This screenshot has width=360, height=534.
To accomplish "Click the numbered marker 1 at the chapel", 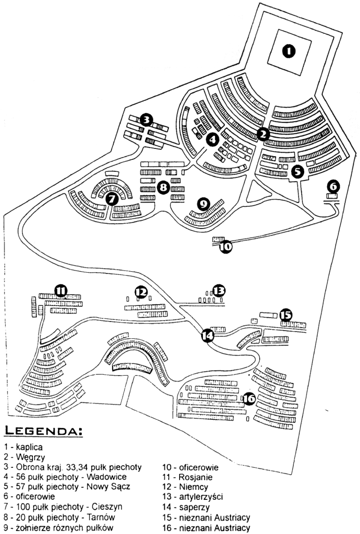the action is [289, 51].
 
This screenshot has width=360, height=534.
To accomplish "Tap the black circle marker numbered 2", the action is [263, 134].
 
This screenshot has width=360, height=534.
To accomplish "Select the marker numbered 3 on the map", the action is [146, 120].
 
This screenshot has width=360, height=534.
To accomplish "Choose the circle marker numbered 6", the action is [333, 186].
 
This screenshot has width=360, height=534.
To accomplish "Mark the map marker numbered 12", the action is [141, 292].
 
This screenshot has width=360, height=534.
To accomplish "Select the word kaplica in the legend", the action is [29, 447].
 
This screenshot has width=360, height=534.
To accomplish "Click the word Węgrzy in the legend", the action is [30, 457].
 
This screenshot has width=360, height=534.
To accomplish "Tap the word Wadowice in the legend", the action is [107, 477].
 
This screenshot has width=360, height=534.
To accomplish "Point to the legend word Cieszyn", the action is [107, 507].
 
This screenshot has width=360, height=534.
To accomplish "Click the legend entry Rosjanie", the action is [195, 477].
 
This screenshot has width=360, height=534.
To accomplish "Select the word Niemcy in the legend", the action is [193, 487].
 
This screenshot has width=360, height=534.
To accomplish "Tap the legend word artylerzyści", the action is [201, 497].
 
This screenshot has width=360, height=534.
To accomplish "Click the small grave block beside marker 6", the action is [332, 196].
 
